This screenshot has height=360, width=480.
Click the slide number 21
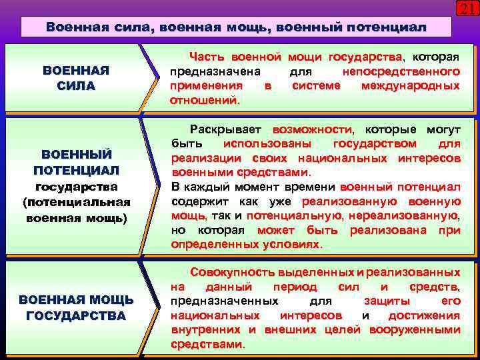466,8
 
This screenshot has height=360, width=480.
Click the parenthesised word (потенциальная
76,201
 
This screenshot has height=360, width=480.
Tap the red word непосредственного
401,71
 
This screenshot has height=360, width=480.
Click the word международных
410,86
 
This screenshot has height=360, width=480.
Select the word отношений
204,101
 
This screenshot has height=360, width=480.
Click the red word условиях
293,245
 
